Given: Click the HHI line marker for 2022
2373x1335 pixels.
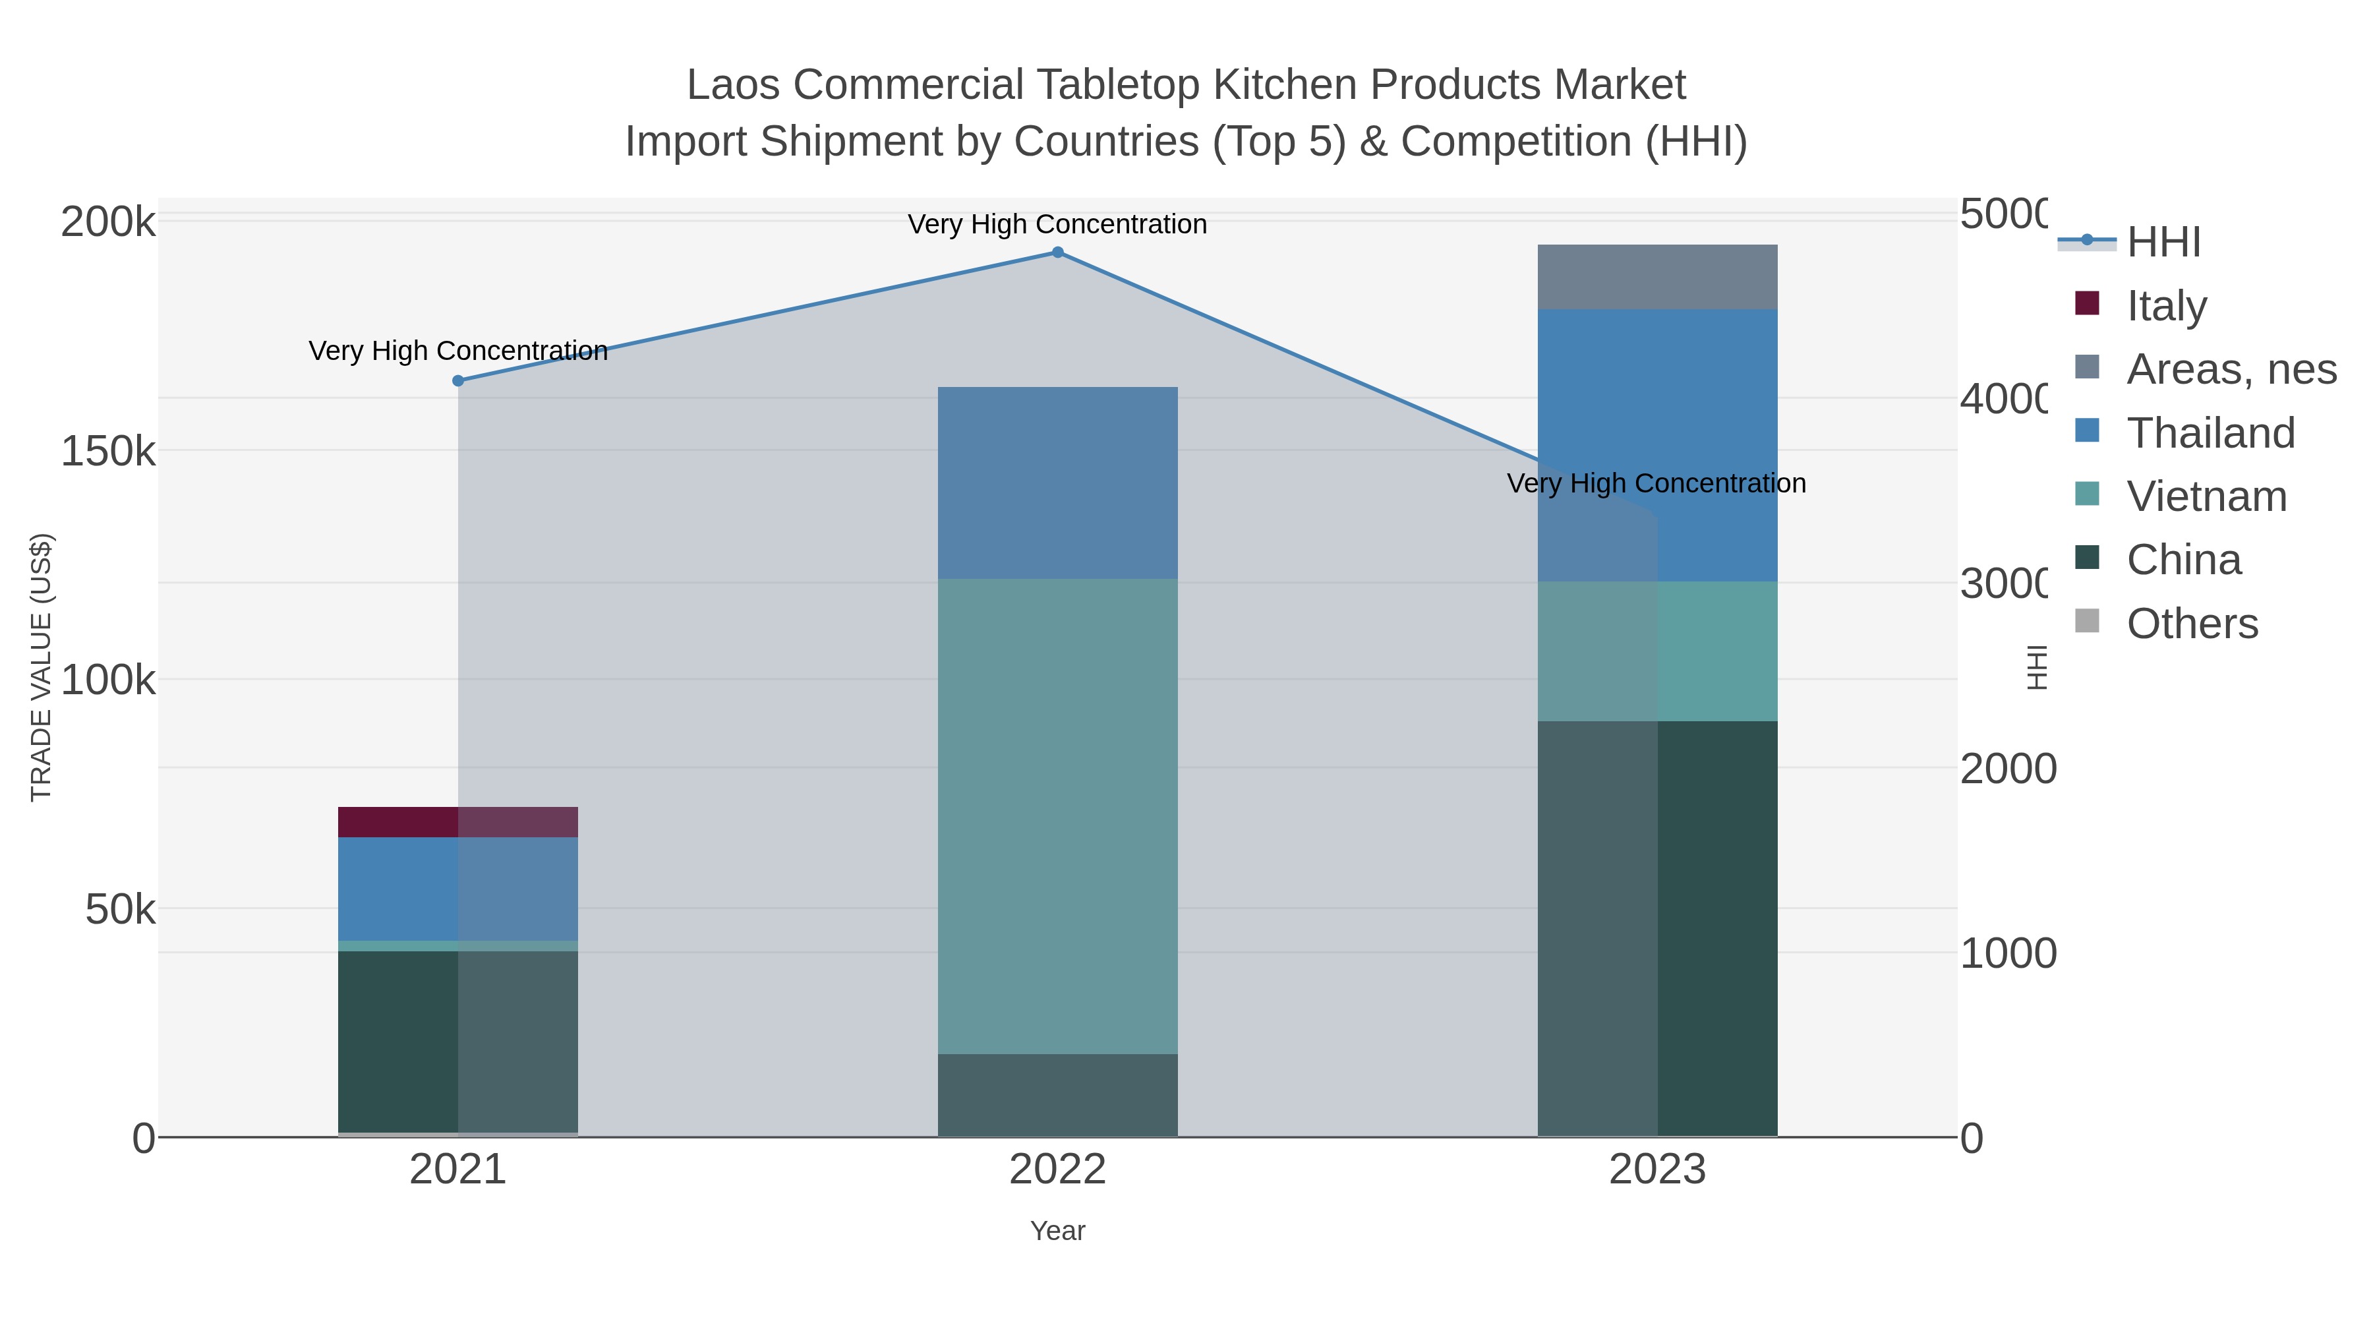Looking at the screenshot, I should [x=1057, y=252].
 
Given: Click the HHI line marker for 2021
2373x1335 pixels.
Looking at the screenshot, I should [x=458, y=380].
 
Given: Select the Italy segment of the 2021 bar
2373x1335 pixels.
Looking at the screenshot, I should [x=458, y=822].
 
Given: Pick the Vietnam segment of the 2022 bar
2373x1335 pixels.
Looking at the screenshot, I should [x=1057, y=816].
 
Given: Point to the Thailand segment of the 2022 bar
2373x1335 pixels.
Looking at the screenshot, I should [x=1057, y=483].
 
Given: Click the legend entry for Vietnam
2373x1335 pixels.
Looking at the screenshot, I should [x=2206, y=496].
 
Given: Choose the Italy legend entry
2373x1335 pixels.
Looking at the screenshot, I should [x=2166, y=306].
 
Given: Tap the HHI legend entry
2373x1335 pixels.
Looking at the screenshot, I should [x=2163, y=243].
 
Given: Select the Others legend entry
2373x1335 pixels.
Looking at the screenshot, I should [x=2192, y=624].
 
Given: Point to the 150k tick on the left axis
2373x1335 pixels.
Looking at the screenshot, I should [x=108, y=452].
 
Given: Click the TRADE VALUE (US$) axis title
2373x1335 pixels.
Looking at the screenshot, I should [x=42, y=667].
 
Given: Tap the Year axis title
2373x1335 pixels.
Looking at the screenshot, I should [x=1057, y=1231].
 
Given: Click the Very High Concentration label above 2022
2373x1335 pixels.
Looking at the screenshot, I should [x=1057, y=224].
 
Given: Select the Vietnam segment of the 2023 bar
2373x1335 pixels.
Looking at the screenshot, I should [x=1657, y=651].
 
